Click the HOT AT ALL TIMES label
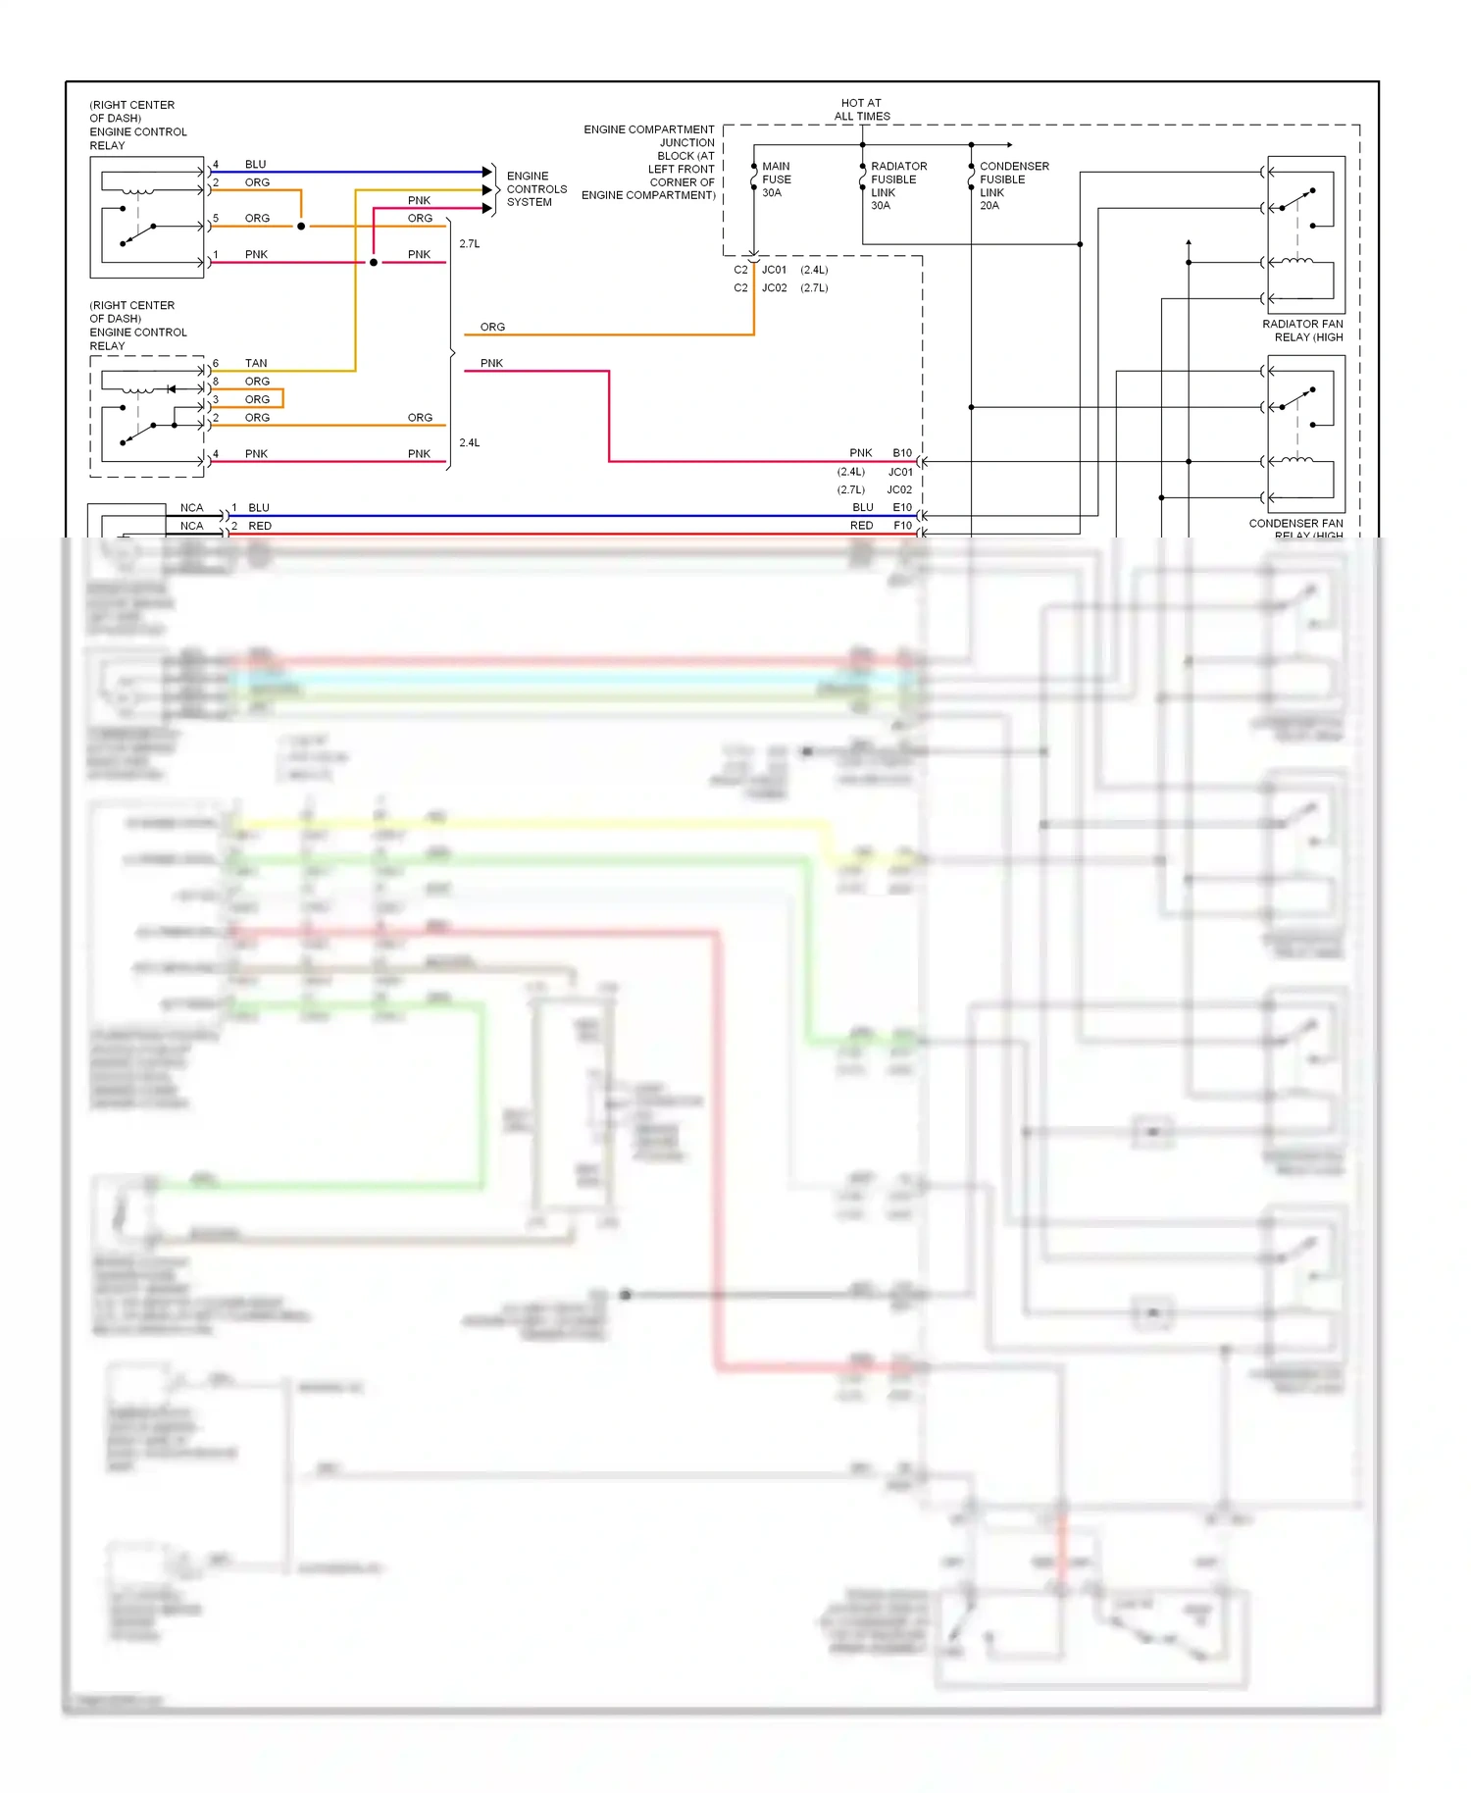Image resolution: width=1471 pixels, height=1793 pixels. click(862, 109)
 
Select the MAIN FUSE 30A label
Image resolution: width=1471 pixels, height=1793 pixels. click(776, 179)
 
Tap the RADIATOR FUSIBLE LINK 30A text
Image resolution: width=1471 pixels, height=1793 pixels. click(897, 185)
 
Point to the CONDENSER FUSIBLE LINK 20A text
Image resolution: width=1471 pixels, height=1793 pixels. click(1013, 185)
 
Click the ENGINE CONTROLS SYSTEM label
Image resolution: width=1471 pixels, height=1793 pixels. click(535, 189)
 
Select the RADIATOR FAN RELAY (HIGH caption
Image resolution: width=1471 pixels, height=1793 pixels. click(1301, 331)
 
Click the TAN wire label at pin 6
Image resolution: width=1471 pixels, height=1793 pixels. click(256, 363)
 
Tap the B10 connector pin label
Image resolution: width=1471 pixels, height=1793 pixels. click(901, 453)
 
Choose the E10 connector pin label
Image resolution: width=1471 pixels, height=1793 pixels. click(901, 507)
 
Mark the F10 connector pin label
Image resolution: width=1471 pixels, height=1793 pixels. click(902, 526)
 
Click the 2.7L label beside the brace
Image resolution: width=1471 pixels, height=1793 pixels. click(470, 243)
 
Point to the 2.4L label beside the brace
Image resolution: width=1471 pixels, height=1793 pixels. click(470, 442)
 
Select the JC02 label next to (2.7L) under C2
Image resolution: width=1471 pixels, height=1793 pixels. click(774, 288)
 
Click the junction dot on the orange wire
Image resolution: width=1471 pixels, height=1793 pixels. click(301, 227)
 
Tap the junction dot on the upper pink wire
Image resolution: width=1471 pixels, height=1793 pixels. click(374, 263)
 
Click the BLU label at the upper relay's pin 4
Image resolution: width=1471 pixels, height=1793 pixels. click(255, 164)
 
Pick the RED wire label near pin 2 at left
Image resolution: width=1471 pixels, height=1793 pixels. click(260, 526)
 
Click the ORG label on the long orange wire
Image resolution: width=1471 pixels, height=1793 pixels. click(492, 327)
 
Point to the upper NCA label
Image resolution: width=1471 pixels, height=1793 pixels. click(191, 507)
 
